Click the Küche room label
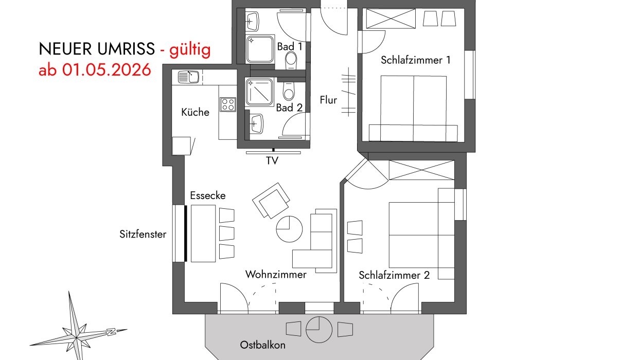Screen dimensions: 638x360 pos(195,112)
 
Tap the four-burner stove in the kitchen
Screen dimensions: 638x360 pos(227,104)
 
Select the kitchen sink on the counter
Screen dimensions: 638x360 pos(188,77)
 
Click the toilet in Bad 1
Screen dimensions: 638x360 pos(291,61)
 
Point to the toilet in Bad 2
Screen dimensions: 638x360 pos(289,91)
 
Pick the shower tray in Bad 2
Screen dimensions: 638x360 pos(259,92)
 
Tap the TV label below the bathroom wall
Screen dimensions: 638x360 pos(272,161)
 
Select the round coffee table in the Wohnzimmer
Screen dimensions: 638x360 pos(289,229)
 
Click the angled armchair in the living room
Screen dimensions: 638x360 pos(271,201)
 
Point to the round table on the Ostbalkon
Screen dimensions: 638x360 pos(319,330)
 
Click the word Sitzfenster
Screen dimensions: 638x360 pos(143,234)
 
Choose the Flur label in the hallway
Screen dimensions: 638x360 pos(328,100)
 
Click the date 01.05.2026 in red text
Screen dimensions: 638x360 pos(107,70)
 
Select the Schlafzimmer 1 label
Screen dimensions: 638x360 pos(416,60)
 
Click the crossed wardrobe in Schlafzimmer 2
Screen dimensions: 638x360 pos(421,170)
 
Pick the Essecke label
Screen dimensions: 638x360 pos(208,195)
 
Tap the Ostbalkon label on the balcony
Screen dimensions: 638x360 pos(262,345)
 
